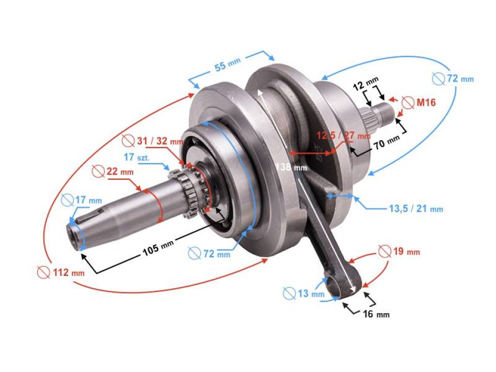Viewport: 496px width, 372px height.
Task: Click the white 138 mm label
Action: pos(292,167)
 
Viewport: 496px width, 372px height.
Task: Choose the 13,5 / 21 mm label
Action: pos(416,209)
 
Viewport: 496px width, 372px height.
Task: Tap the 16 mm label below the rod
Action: pos(376,314)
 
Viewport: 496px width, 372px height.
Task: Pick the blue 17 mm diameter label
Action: pos(82,199)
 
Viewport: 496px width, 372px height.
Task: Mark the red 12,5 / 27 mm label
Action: pos(343,135)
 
